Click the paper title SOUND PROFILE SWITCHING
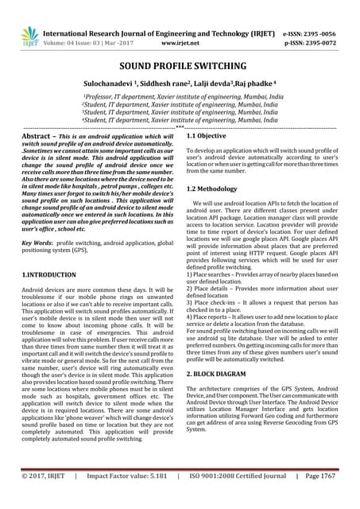click(x=180, y=69)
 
